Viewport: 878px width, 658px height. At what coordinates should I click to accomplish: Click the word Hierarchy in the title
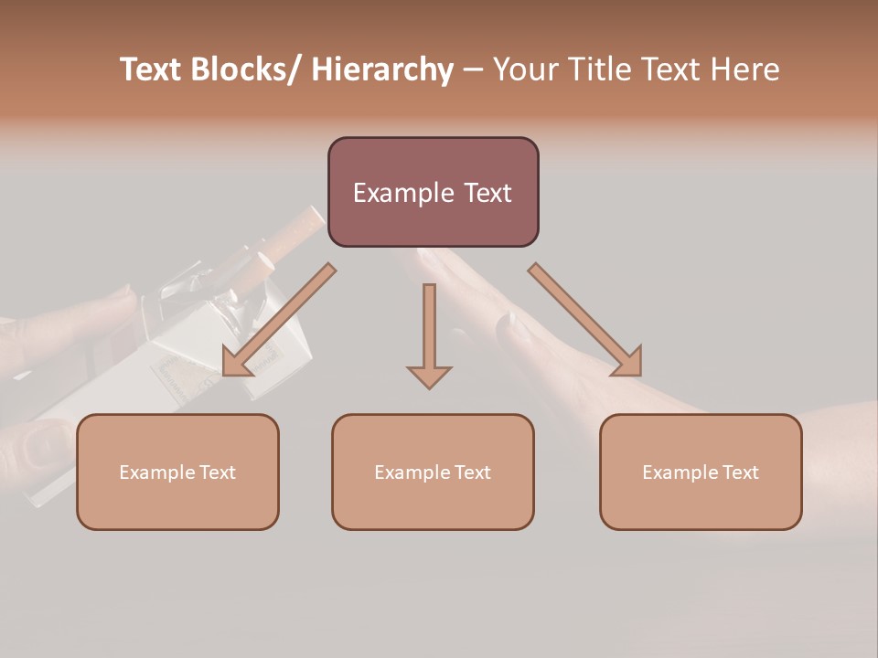pos(382,69)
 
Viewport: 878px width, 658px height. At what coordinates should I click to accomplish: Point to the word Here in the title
pos(745,69)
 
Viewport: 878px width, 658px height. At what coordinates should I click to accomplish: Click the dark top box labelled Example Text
pos(433,192)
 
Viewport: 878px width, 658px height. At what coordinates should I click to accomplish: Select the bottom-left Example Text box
pos(177,472)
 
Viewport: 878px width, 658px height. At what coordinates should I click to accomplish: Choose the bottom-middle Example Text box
pos(433,472)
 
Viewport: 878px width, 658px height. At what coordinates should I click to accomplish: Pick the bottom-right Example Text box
pos(701,472)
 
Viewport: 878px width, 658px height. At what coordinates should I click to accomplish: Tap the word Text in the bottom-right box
pos(740,472)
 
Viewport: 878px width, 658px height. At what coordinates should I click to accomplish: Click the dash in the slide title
pos(473,69)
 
